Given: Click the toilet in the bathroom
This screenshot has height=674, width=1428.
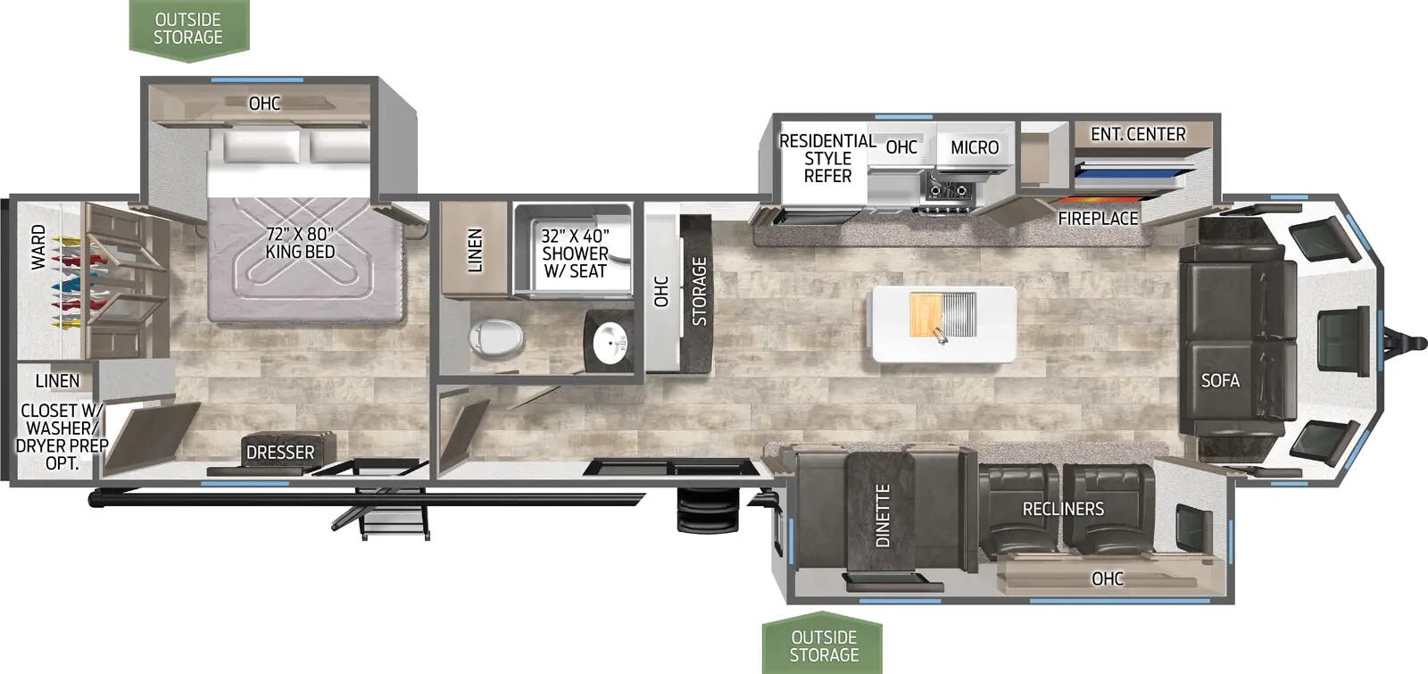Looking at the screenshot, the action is [495, 336].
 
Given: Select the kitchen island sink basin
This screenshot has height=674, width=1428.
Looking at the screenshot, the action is [957, 314].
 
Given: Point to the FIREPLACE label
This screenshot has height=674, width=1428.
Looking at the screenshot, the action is [1098, 219].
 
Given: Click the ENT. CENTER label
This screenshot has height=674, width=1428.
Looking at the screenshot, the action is [1138, 134].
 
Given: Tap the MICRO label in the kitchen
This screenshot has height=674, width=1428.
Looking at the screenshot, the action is [975, 147].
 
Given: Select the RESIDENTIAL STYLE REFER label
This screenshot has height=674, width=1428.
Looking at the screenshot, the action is [827, 158].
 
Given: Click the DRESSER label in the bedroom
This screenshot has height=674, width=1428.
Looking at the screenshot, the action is [280, 452].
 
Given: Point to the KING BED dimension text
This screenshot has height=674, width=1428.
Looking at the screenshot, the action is [300, 243].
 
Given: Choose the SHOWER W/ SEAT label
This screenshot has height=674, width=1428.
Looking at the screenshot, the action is [575, 254].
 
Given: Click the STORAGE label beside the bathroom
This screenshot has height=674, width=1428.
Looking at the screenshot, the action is [700, 291].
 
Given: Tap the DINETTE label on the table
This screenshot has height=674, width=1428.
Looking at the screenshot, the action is [883, 515].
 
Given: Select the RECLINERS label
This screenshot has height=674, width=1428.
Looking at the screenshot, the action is [1063, 508].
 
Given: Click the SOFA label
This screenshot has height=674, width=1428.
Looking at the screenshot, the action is [1220, 380].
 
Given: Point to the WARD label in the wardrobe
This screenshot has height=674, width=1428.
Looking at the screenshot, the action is [39, 246].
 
